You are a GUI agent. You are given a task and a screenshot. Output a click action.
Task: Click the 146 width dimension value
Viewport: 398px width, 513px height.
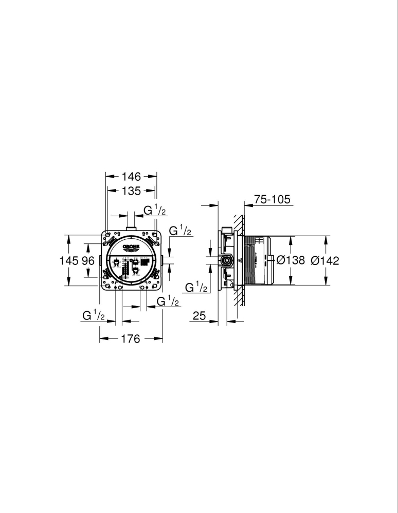pyautogui.click(x=131, y=177)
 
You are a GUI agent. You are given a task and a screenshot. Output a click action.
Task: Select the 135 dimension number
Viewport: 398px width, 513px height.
pyautogui.click(x=131, y=191)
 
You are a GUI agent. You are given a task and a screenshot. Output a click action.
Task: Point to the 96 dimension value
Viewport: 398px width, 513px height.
pyautogui.click(x=88, y=261)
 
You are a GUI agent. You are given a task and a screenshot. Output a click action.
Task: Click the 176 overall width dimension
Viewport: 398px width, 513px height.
pyautogui.click(x=131, y=339)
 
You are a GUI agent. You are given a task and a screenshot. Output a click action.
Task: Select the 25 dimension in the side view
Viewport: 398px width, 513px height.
pyautogui.click(x=200, y=316)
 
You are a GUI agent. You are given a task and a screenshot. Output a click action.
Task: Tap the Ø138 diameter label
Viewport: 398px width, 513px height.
pyautogui.click(x=292, y=261)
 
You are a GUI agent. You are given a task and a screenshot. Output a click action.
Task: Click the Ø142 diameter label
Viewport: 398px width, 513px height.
pyautogui.click(x=325, y=261)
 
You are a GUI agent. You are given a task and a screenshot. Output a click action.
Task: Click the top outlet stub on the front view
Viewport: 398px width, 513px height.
pyautogui.click(x=131, y=229)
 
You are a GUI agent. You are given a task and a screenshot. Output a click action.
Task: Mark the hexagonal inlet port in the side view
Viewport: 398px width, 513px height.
pyautogui.click(x=226, y=260)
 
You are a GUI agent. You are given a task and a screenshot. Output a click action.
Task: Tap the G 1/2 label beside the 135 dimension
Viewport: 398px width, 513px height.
pyautogui.click(x=154, y=210)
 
